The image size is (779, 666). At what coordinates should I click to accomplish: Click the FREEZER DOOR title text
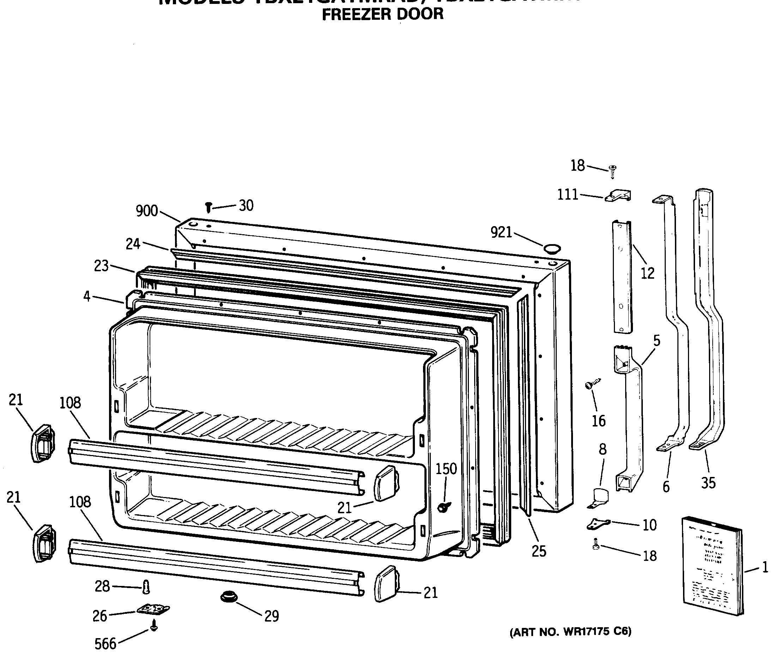click(x=383, y=14)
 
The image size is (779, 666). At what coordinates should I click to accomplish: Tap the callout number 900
click(x=147, y=211)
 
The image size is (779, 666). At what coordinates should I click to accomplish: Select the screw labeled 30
click(x=209, y=207)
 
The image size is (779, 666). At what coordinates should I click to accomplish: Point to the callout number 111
click(x=567, y=195)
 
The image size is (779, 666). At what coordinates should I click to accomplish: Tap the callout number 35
click(x=708, y=483)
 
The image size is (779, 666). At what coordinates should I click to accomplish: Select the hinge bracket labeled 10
click(x=598, y=523)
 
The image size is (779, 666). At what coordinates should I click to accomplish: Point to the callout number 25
click(x=538, y=551)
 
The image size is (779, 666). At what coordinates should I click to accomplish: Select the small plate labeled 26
click(x=153, y=609)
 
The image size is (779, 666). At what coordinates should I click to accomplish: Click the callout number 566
click(x=105, y=644)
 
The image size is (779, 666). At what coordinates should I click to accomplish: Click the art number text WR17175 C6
click(x=570, y=631)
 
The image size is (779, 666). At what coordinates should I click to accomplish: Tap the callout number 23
click(x=101, y=266)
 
